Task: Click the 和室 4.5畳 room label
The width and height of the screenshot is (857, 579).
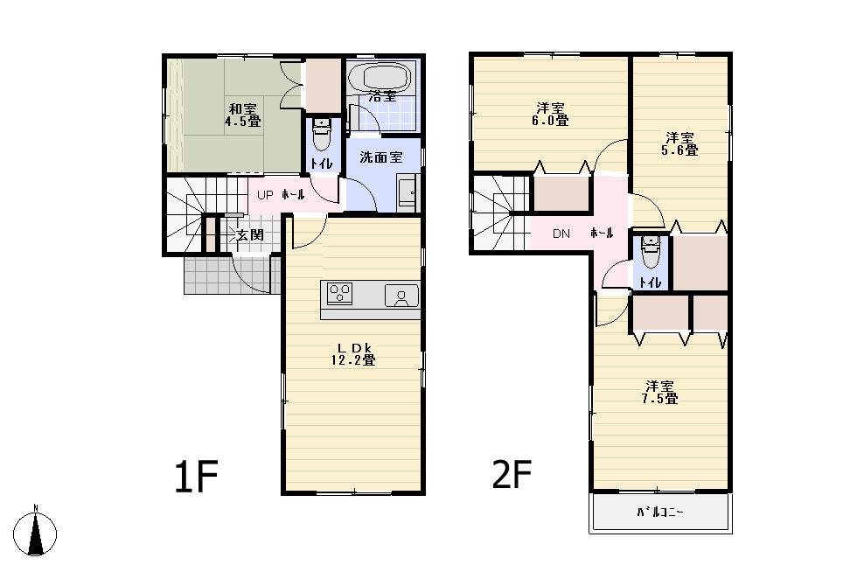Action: point(242,115)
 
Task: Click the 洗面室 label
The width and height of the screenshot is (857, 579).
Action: point(382,157)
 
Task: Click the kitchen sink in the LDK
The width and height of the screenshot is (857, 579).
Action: point(401,296)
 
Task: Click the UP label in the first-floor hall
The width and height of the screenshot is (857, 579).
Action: point(266,195)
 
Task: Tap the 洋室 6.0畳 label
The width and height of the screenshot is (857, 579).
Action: point(552,115)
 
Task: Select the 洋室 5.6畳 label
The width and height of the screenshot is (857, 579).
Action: point(679,143)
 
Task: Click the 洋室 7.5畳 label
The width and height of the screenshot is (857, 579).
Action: point(660,392)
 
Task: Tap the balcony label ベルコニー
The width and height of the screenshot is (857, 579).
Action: point(660,513)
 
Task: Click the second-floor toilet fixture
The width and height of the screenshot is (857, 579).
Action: point(650,252)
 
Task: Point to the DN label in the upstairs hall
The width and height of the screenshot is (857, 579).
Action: point(561,234)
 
